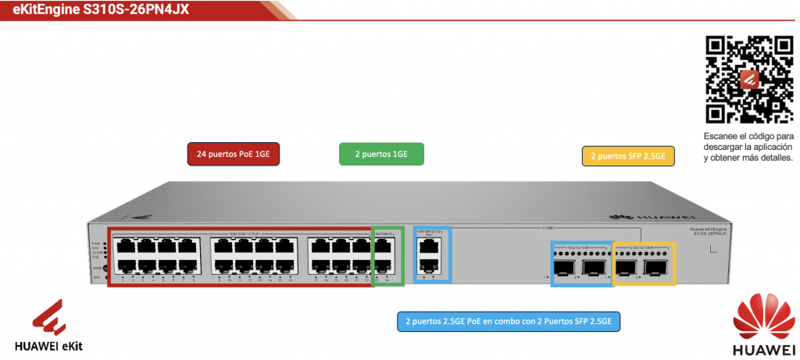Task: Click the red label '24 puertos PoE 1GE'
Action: pos(234,155)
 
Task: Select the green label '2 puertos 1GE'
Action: pos(381,155)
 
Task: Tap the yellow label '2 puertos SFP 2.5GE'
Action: pos(628,155)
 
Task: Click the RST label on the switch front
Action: pos(97,278)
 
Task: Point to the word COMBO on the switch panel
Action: pos(548,228)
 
